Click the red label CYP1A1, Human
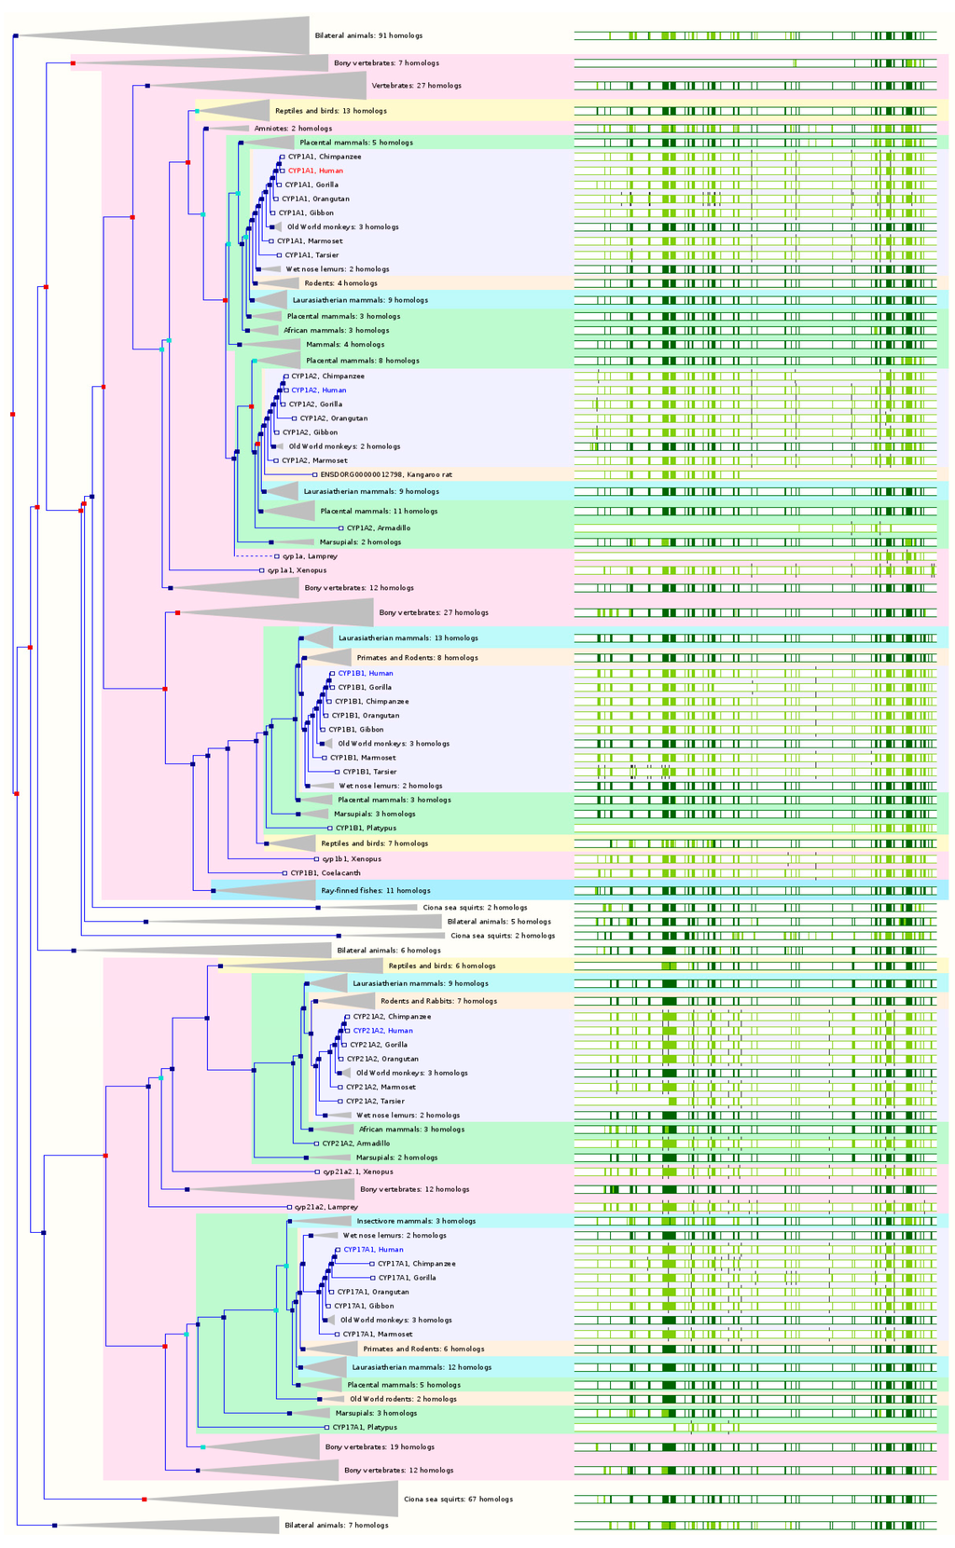pyautogui.click(x=315, y=171)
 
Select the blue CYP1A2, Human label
pyautogui.click(x=318, y=390)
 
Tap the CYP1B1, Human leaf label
pyautogui.click(x=365, y=673)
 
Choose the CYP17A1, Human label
pyautogui.click(x=373, y=1250)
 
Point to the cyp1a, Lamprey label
pyautogui.click(x=310, y=556)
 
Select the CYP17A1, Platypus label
pyautogui.click(x=365, y=1427)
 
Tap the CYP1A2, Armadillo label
pyautogui.click(x=378, y=528)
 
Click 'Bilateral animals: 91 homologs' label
pyautogui.click(x=368, y=35)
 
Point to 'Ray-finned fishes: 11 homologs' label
pyautogui.click(x=376, y=891)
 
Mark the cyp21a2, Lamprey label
pyautogui.click(x=326, y=1207)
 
